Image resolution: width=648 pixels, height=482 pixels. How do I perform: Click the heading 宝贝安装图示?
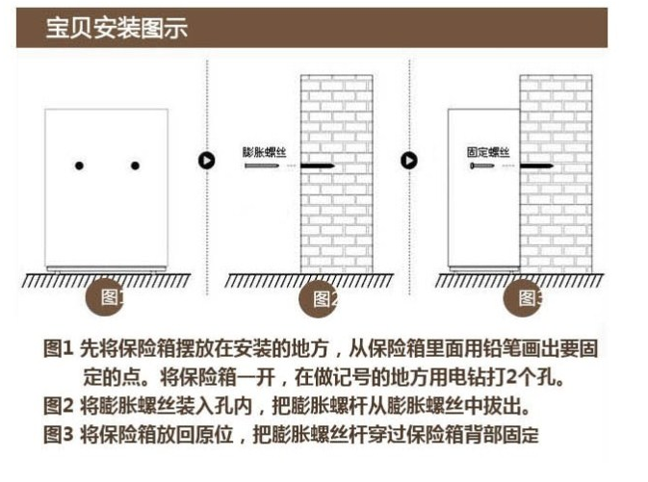click(117, 28)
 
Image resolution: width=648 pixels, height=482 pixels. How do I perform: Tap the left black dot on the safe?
click(79, 165)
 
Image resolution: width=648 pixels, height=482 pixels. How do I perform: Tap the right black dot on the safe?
click(135, 165)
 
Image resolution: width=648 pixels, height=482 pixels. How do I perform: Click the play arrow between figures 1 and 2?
click(207, 161)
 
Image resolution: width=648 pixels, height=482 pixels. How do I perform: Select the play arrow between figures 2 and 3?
click(409, 161)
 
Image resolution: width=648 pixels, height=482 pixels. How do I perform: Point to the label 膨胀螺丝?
click(265, 152)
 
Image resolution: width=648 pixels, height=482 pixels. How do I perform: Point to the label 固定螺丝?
click(488, 152)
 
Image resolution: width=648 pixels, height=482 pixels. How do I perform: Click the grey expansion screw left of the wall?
click(262, 165)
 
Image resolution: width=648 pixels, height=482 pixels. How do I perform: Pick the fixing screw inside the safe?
click(481, 165)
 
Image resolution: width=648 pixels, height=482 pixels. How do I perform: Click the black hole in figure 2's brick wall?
click(317, 166)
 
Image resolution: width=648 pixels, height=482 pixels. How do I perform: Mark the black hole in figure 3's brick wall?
click(536, 166)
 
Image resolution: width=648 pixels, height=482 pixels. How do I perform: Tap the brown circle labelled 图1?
click(105, 297)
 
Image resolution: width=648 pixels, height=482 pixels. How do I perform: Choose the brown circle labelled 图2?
click(318, 298)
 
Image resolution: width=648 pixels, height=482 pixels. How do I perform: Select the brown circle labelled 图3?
click(523, 298)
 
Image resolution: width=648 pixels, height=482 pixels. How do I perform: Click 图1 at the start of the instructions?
click(59, 348)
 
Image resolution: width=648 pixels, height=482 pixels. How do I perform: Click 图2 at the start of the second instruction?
click(59, 405)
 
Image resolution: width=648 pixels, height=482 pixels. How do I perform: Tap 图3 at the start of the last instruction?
click(59, 434)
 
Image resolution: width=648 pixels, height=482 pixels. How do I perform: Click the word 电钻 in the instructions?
click(467, 377)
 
